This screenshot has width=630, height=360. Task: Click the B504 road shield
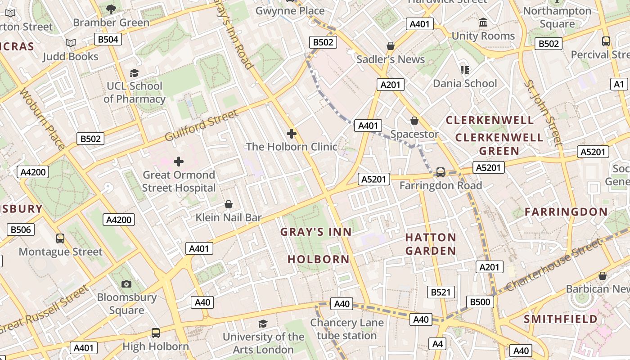point(108,39)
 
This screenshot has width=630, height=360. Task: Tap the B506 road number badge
point(21,229)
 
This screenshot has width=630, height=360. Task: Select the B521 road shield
point(441,292)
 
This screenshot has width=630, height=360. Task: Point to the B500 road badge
point(479,301)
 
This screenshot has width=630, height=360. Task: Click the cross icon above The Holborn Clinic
point(292,134)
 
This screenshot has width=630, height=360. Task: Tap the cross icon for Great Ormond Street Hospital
point(179,161)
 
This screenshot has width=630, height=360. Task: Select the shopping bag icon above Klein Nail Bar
point(229,204)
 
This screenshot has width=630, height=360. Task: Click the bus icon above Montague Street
point(60,238)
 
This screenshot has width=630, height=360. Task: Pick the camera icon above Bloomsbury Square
point(126,284)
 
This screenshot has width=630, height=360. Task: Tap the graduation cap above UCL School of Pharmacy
point(134,73)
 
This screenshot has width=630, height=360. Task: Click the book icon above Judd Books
point(71,43)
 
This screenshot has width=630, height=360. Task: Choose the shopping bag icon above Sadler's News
point(391,46)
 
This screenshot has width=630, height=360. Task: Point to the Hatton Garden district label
point(431,244)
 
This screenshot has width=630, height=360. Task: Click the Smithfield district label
point(561,319)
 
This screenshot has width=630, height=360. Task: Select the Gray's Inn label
point(316,232)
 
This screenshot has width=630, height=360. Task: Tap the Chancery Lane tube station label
point(346,329)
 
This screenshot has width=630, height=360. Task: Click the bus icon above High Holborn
point(156,333)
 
